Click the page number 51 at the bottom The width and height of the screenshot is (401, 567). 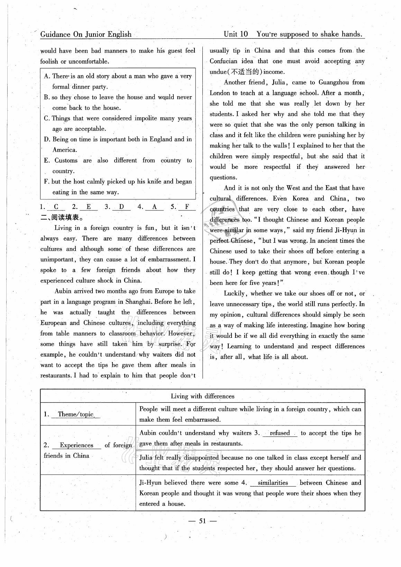click(x=203, y=521)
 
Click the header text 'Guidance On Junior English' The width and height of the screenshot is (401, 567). click(x=86, y=34)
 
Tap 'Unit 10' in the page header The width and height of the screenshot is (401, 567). click(x=236, y=34)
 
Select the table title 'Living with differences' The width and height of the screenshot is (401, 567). click(x=202, y=396)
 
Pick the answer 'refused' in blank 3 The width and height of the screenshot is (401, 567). click(x=280, y=433)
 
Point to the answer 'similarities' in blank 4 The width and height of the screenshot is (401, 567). click(x=273, y=483)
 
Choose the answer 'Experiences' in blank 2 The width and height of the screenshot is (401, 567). click(x=76, y=445)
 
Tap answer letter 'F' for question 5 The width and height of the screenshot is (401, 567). click(x=187, y=207)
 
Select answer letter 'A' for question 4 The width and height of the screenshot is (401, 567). click(x=154, y=207)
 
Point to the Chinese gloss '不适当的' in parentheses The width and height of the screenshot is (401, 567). click(x=245, y=72)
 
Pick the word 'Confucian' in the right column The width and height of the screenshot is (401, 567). click(x=224, y=61)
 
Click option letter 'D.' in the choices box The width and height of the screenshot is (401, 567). click(x=47, y=139)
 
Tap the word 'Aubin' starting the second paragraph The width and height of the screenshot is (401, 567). click(x=63, y=291)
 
